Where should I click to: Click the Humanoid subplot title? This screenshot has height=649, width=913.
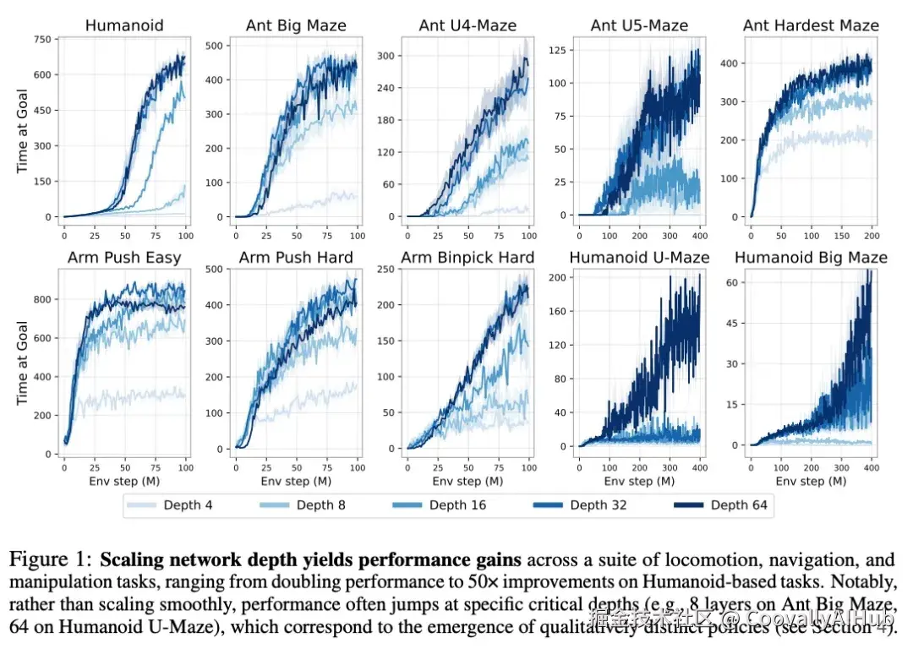click(x=123, y=25)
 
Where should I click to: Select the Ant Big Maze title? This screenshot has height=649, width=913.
click(x=296, y=25)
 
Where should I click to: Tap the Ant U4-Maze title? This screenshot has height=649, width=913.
click(x=467, y=25)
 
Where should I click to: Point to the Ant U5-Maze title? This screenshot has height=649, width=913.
click(x=640, y=25)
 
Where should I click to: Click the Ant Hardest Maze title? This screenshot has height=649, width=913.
click(x=812, y=25)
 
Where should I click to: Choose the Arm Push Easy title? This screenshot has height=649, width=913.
click(x=123, y=257)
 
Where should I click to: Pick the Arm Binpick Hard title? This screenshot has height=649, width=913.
click(x=467, y=257)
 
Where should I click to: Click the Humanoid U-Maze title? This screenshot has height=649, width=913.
click(x=640, y=257)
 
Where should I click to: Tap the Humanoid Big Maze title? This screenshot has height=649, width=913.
click(x=812, y=257)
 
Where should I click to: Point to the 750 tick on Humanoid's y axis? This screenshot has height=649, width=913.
click(x=41, y=40)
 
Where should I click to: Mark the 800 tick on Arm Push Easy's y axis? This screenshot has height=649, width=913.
click(x=41, y=299)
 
